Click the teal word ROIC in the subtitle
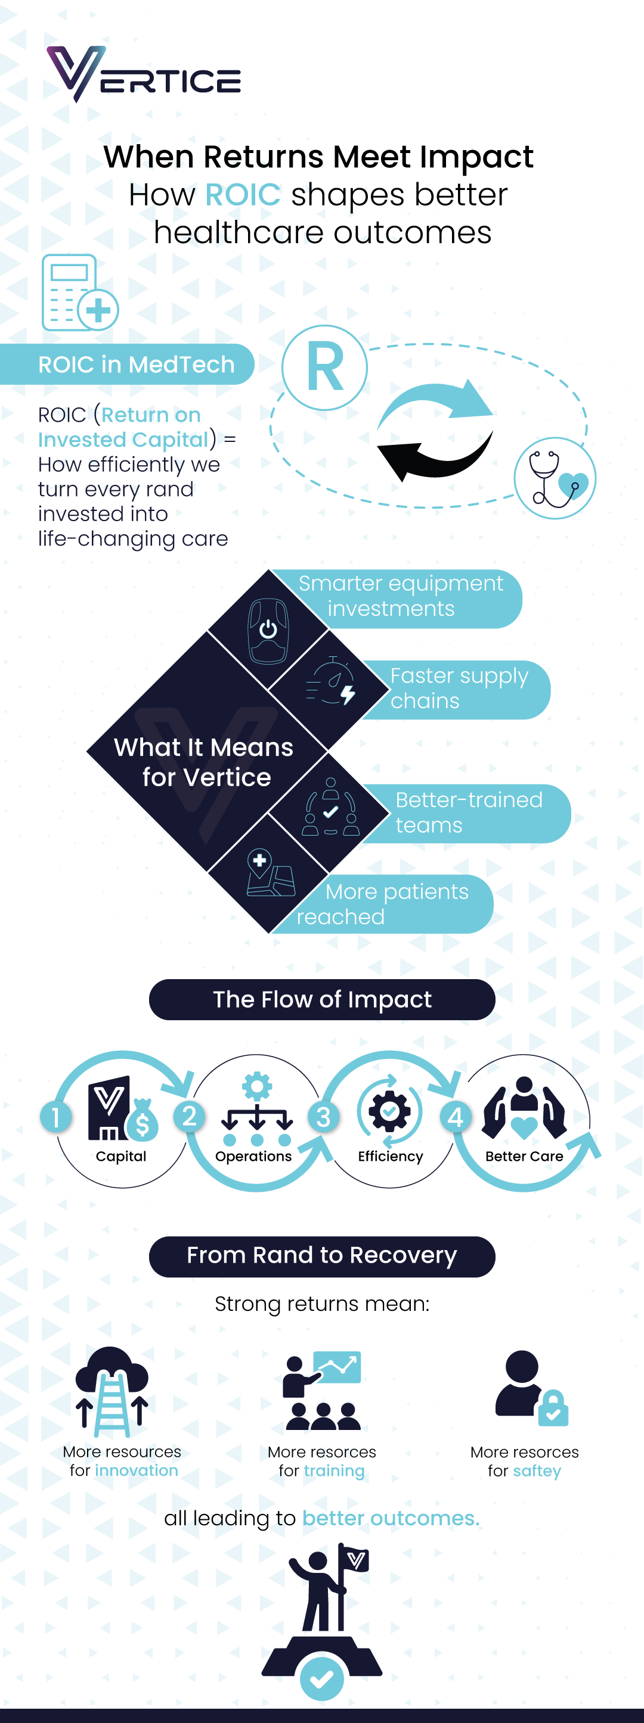coord(242,195)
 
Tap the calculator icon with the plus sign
coord(79,293)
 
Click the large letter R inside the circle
coord(324,367)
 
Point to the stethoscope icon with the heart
coord(555,478)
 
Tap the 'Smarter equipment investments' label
coord(400,596)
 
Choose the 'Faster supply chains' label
coord(459,688)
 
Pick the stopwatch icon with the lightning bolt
coord(332,683)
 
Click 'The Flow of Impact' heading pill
coord(322,999)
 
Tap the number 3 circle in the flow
coord(323,1117)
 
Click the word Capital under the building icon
coord(121,1157)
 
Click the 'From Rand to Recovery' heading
coord(322,1255)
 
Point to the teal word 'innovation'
coord(137,1470)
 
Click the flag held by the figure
coord(355,1560)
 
